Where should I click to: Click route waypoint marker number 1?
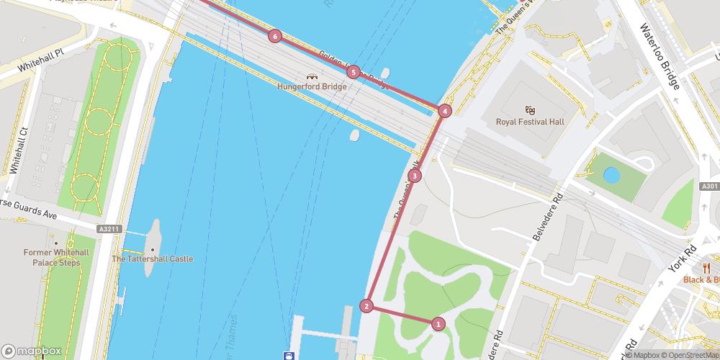click(438, 324)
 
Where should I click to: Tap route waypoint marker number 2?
click(367, 306)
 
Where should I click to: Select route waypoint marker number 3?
click(414, 176)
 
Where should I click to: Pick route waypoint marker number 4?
click(445, 111)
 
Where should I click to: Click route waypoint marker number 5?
click(353, 72)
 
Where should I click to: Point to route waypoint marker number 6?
click(274, 36)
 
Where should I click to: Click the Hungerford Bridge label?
click(312, 86)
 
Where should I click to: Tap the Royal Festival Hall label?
click(530, 122)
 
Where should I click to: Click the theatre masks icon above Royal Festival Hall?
click(530, 109)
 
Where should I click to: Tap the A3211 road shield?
click(109, 229)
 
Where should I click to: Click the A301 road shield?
click(708, 186)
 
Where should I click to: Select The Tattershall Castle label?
click(152, 258)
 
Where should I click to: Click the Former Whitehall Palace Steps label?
click(56, 257)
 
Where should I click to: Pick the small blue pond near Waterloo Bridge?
click(612, 174)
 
